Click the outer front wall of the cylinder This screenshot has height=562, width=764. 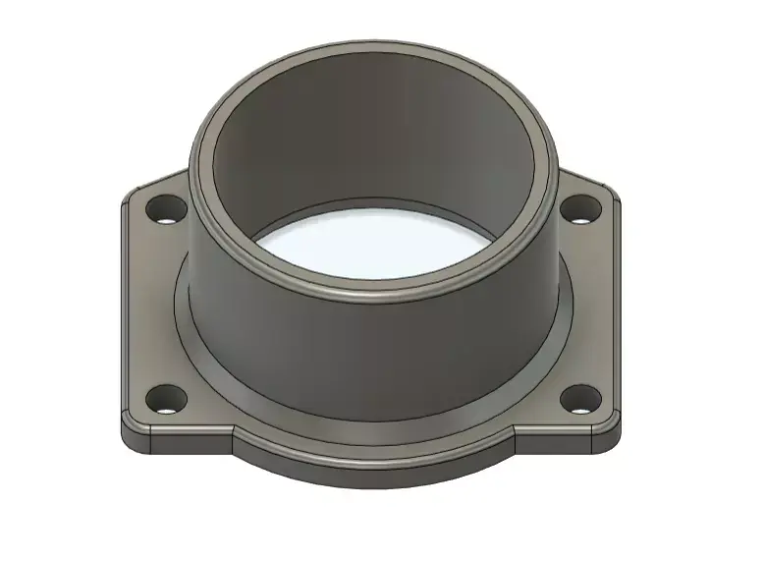373,354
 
